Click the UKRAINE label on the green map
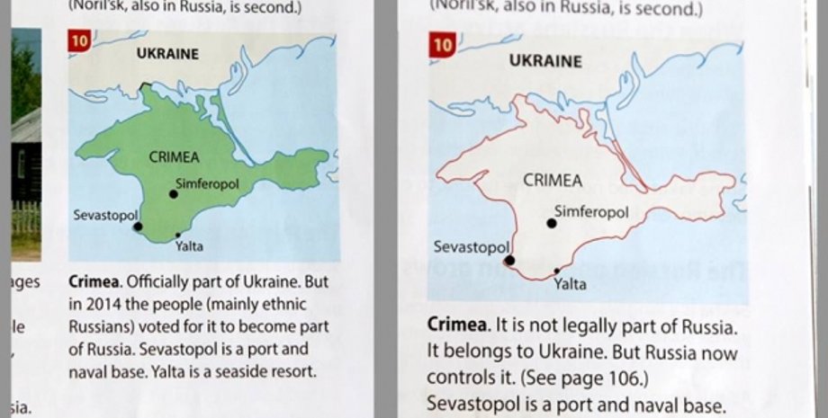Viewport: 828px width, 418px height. (167, 54)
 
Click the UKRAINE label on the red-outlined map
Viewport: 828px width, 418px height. (545, 62)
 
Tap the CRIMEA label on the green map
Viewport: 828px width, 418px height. (175, 156)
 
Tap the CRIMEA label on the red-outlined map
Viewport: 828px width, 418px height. (553, 181)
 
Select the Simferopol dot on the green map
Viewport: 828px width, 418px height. (174, 194)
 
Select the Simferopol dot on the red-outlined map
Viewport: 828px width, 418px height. (552, 223)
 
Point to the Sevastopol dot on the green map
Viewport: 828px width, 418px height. (138, 227)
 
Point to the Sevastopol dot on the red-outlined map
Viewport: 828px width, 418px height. (509, 260)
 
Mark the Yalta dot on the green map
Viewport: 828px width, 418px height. (177, 236)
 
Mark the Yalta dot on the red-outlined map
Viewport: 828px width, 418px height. (557, 271)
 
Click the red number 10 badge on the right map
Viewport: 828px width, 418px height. (443, 46)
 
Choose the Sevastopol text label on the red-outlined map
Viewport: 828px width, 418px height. (472, 246)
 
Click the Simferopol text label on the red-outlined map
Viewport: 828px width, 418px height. (590, 212)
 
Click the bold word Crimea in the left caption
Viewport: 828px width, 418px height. (92, 282)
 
